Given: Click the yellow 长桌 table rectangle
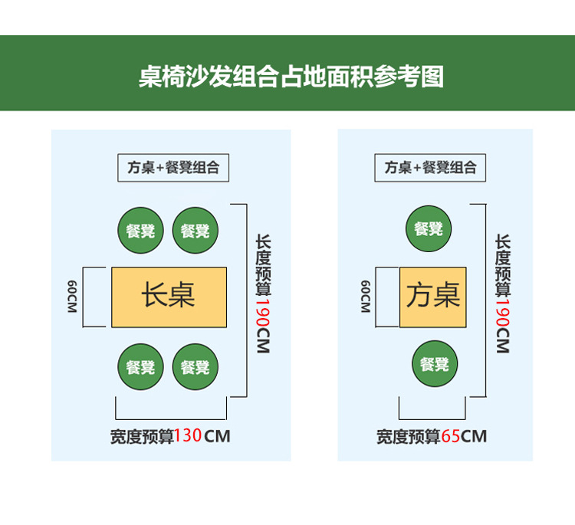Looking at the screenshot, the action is [169, 297].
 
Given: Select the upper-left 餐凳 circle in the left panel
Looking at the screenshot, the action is [141, 230].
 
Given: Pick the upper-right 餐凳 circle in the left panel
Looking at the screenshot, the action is [195, 230].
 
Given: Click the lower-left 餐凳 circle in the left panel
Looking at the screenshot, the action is [141, 367].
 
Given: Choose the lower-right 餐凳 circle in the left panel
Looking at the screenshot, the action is [195, 367].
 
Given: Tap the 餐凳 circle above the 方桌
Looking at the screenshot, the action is [429, 228].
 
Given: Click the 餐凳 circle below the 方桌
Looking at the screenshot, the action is [435, 364].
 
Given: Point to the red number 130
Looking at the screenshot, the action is [188, 437].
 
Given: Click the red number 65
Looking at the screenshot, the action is [450, 437].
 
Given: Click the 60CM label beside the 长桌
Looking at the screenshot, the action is [71, 297].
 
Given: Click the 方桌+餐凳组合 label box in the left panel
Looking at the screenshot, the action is [173, 168].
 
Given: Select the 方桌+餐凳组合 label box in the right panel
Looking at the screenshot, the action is [430, 168].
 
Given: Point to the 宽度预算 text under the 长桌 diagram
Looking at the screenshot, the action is [142, 437].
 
